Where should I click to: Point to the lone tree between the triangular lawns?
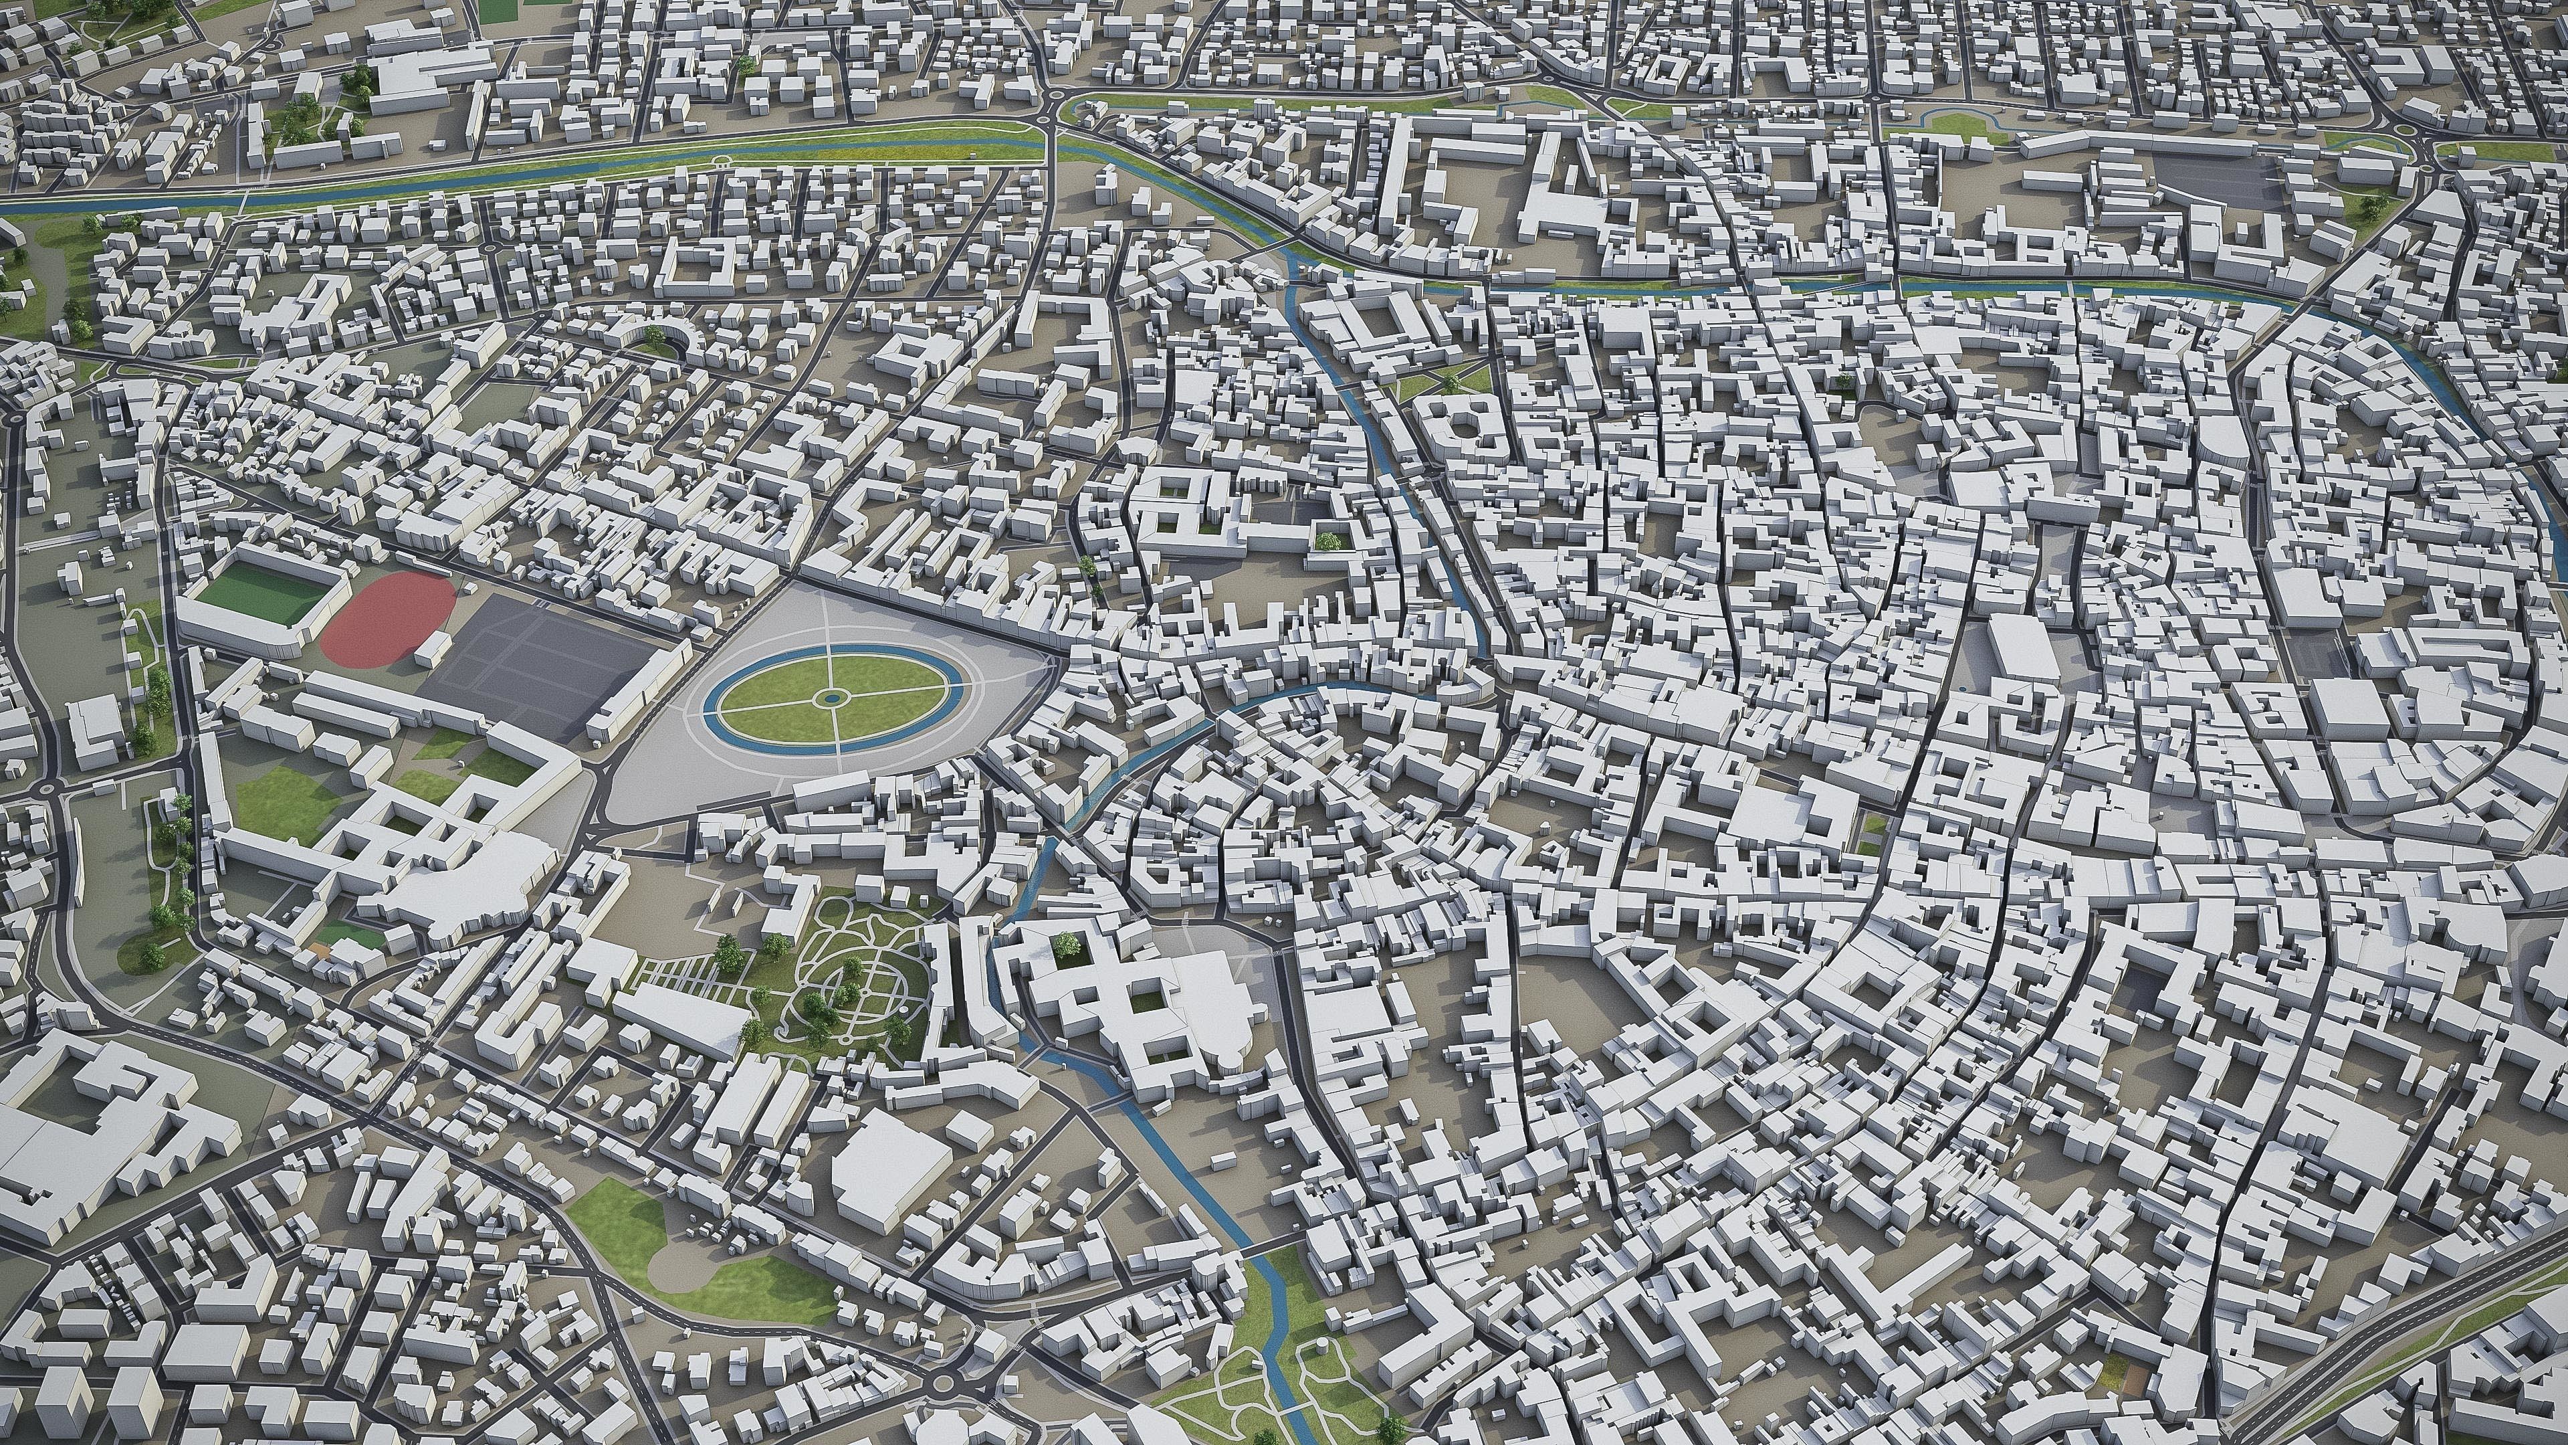[1449, 380]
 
